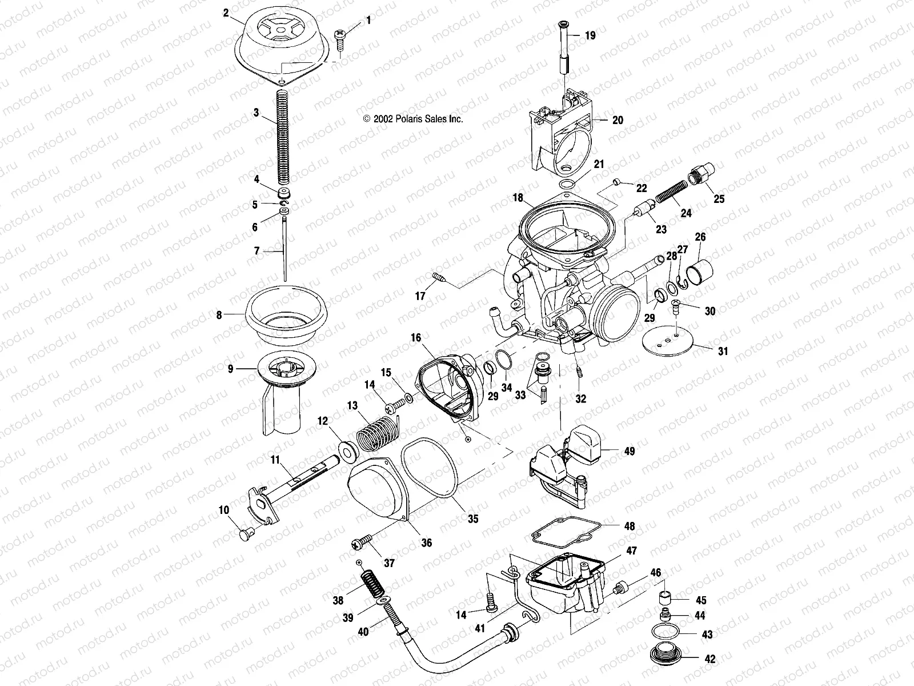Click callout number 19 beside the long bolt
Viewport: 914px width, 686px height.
click(590, 35)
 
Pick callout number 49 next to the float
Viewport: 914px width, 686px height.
click(629, 452)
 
